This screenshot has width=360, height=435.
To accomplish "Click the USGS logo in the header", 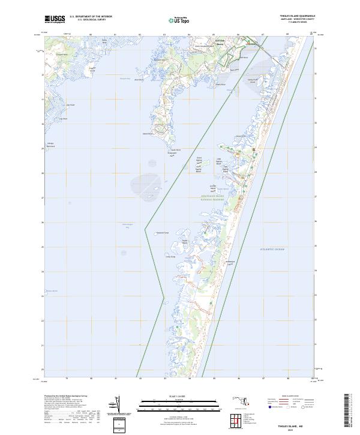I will [55, 19].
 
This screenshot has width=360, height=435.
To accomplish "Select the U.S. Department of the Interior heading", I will [91, 16].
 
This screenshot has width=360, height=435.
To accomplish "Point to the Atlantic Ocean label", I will [272, 248].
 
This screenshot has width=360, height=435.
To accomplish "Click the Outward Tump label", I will [163, 233].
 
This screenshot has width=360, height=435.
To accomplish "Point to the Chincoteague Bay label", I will [126, 226].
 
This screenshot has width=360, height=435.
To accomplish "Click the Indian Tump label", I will [170, 257].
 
